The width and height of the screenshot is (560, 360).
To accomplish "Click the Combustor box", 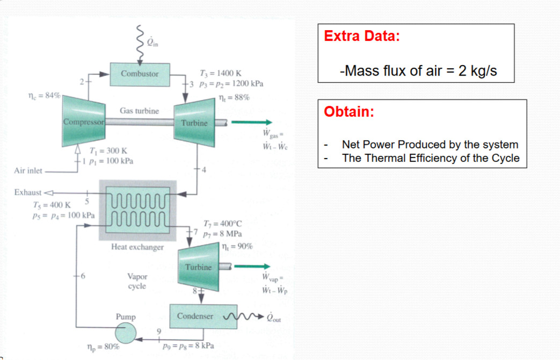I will [140, 74].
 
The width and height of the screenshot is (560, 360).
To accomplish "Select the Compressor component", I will [83, 121].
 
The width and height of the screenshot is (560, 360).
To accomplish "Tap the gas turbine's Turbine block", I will [194, 123].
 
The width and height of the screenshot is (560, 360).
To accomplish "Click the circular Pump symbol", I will [126, 334].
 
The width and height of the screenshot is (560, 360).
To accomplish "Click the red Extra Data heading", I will [362, 37].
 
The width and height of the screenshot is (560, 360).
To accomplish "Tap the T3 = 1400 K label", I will [220, 74].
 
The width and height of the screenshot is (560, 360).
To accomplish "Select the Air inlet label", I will [28, 171].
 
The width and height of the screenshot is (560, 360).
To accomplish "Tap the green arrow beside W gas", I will [252, 123].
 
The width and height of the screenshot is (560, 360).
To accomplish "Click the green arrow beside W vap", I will [251, 267].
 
